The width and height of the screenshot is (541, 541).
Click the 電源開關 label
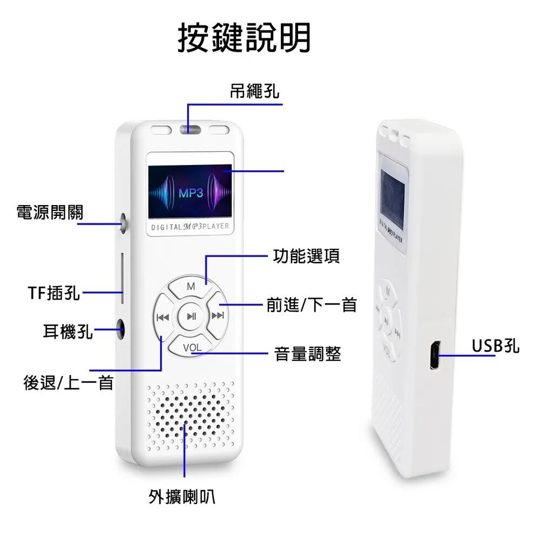coord(50,213)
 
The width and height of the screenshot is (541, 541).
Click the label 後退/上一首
coord(68,383)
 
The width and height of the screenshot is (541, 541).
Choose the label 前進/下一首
coord(312,305)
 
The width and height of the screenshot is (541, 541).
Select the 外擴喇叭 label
coord(182,497)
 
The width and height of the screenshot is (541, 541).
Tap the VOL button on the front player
coord(192,348)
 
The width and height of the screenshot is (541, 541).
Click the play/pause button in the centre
coord(192,316)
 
